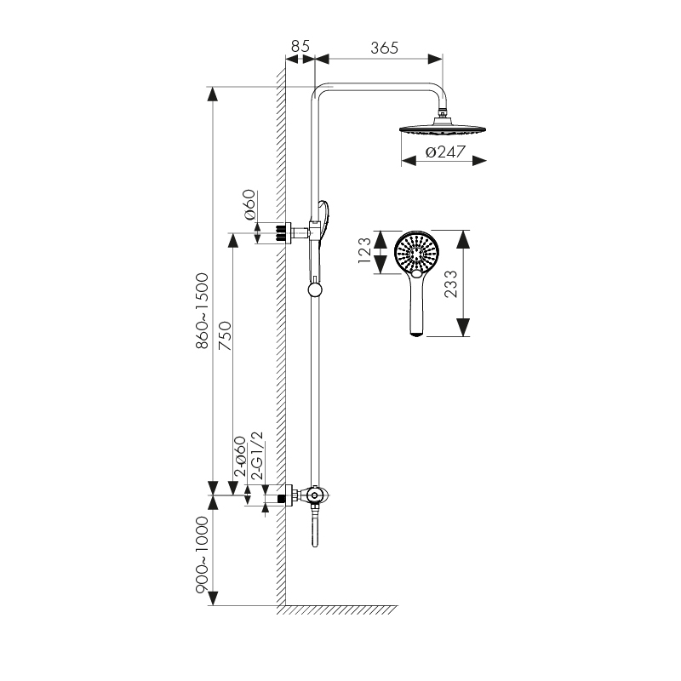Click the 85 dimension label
[300, 46]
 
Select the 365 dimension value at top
[385, 48]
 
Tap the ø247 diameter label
[445, 152]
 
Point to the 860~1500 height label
[203, 311]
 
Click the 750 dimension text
[225, 335]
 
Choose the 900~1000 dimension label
[203, 555]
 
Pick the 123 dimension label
[364, 250]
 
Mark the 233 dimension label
[451, 283]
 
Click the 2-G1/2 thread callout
[257, 455]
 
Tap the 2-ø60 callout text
[240, 457]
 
